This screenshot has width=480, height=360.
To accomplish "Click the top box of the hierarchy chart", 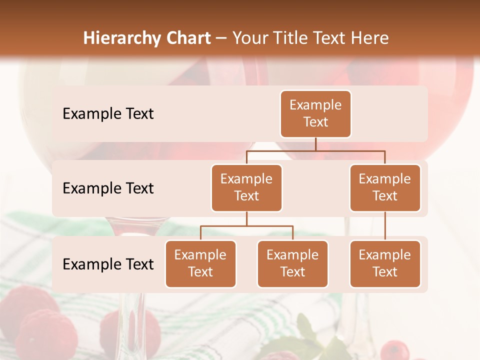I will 315,114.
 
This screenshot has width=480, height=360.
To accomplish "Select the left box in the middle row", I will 246,188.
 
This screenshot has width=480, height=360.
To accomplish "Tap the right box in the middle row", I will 385,188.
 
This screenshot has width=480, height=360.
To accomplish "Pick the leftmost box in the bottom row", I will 200,264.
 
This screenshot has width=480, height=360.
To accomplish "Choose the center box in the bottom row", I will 292,264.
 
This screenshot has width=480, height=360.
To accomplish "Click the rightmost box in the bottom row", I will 385,264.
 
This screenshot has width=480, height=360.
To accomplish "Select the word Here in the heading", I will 370,38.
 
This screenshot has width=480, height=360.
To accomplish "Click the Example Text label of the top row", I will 108,114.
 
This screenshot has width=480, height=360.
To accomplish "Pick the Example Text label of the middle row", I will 108,188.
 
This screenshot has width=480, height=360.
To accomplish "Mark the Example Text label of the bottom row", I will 108,264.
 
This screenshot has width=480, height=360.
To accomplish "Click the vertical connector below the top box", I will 315,144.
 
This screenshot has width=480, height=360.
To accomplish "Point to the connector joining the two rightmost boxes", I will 385,226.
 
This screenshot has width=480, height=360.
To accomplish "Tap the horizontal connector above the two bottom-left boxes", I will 246,226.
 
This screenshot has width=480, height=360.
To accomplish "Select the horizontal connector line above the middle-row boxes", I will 315,150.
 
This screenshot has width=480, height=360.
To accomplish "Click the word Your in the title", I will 249,38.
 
